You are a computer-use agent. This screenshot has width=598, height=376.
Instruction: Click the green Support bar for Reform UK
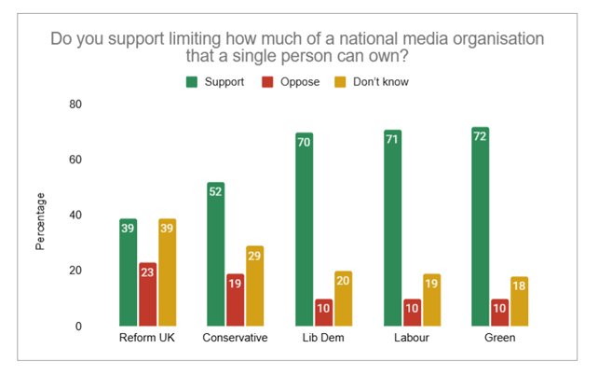click(129, 272)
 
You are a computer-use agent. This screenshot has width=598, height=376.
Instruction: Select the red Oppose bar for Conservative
click(236, 299)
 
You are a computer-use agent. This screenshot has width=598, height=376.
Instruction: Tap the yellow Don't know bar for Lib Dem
click(343, 299)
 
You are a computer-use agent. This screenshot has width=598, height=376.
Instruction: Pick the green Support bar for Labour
click(393, 229)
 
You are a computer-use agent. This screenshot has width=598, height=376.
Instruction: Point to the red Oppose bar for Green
click(500, 313)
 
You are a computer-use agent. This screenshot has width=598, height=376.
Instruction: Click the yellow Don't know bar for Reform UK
click(168, 272)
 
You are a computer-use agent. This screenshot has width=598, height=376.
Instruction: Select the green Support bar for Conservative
click(216, 254)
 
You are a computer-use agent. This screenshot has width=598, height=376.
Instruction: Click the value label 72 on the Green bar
click(480, 136)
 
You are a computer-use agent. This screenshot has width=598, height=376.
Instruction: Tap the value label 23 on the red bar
click(147, 272)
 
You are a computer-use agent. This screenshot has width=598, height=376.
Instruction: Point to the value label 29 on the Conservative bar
click(254, 256)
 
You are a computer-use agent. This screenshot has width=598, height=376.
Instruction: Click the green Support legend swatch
click(192, 82)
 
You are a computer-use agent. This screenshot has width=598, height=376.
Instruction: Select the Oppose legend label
click(300, 82)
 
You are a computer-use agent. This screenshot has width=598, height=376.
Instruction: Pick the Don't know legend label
click(381, 82)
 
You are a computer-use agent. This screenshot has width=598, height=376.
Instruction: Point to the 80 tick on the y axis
click(75, 104)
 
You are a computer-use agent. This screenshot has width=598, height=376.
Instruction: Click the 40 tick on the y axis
click(75, 215)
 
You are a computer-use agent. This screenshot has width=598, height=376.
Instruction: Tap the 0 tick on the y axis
click(78, 326)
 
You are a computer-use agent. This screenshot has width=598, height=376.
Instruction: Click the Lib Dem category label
click(323, 338)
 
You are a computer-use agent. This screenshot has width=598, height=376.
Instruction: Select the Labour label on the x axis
click(412, 338)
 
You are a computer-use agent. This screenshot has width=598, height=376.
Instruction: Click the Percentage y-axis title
click(40, 222)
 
